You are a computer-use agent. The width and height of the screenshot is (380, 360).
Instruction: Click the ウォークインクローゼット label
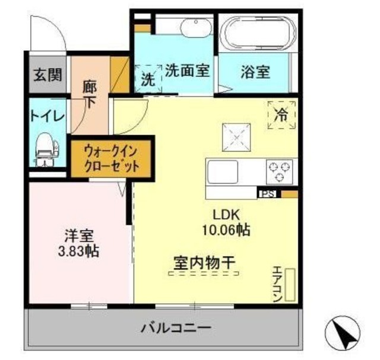pyautogui.click(x=112, y=158)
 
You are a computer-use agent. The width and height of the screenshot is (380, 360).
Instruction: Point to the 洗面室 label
pyautogui.click(x=187, y=71)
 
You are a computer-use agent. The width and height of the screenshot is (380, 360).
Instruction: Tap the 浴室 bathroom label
pyautogui.click(x=256, y=72)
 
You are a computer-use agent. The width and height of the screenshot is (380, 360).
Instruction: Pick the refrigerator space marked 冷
pyautogui.click(x=281, y=114)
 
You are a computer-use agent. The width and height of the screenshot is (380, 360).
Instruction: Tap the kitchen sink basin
pyautogui.click(x=223, y=173)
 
